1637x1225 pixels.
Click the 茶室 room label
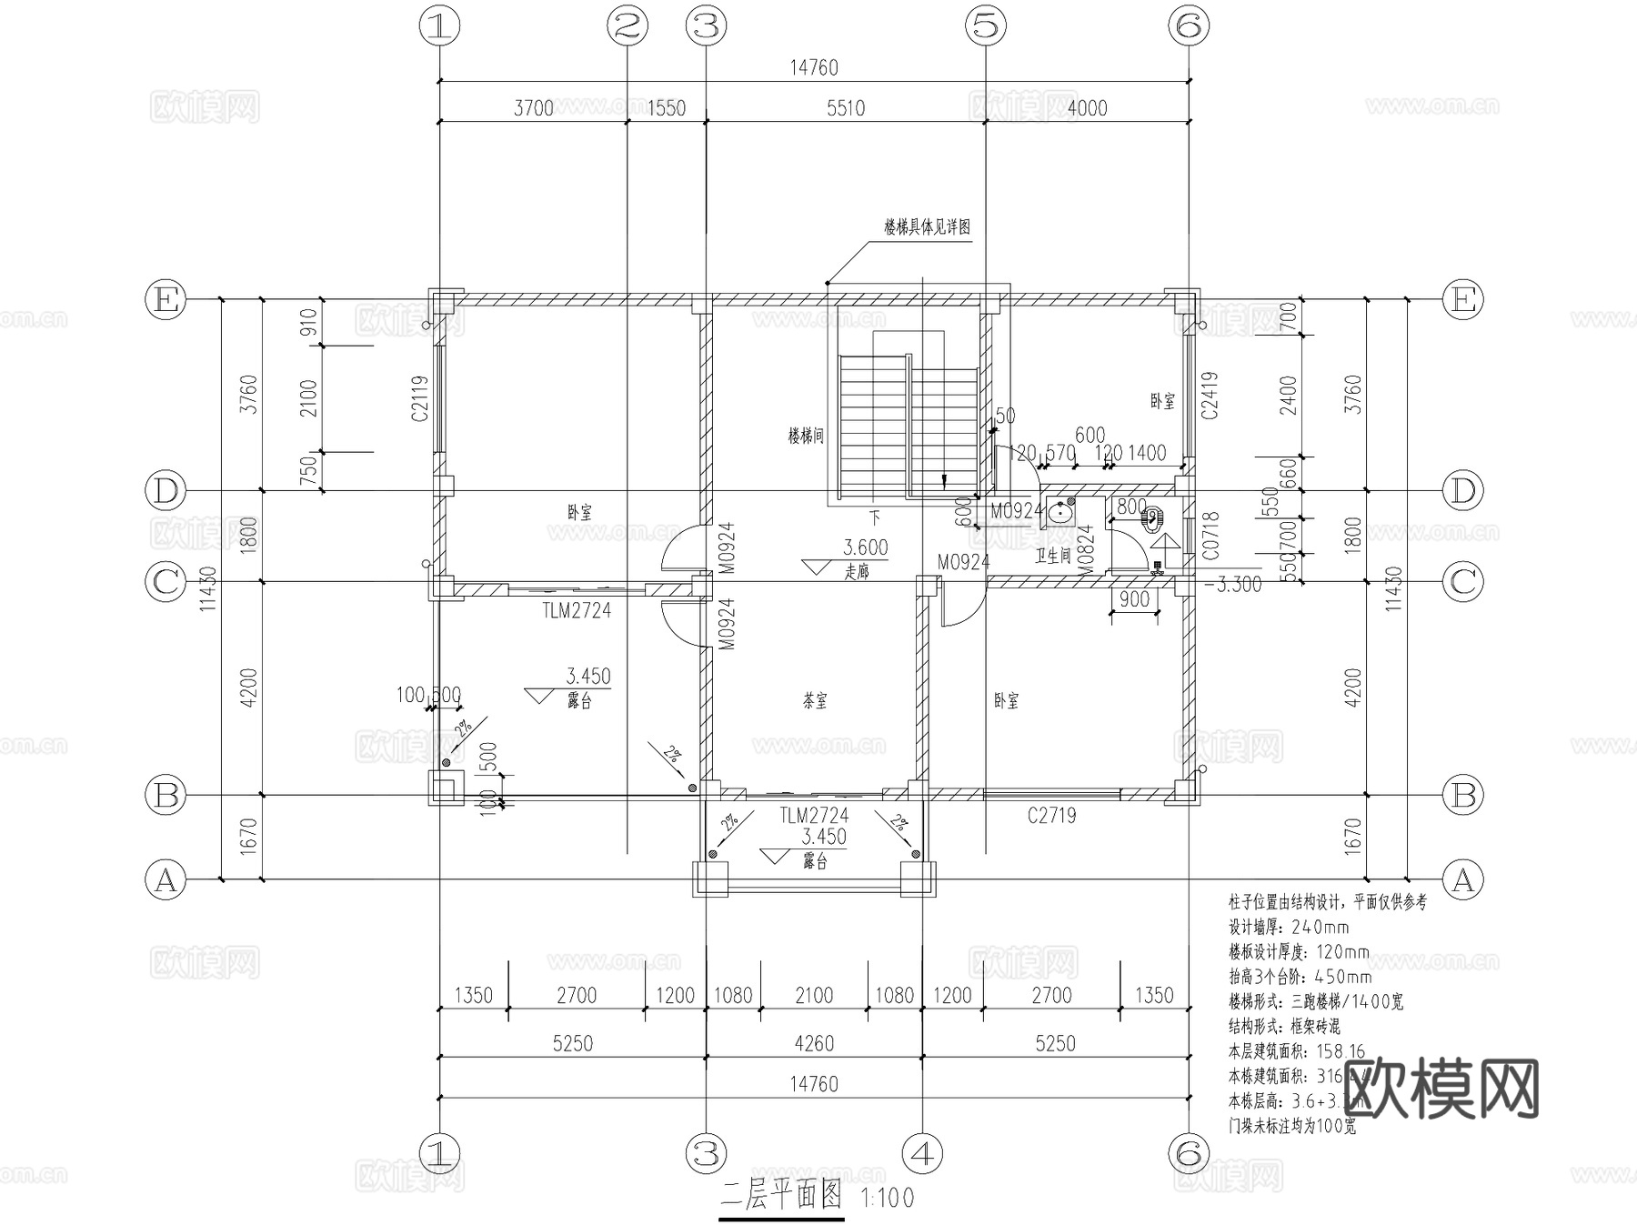pos(815,701)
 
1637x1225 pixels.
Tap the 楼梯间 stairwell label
pos(806,436)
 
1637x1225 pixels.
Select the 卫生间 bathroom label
pos(1052,554)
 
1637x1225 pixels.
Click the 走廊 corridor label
pos(857,572)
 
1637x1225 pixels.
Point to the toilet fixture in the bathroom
pos(1151,520)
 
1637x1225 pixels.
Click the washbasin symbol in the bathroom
pos(1060,513)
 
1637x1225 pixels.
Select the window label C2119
pos(419,398)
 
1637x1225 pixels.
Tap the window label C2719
pos(1052,816)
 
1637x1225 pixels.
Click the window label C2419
pos(1209,395)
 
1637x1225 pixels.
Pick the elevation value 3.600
pos(865,547)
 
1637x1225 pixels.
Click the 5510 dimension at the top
pos(845,108)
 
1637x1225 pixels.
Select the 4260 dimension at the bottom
pos(814,1043)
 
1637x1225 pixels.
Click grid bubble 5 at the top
pos(987,25)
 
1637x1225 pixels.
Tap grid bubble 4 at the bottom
pos(922,1154)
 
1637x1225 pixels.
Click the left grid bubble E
pos(166,299)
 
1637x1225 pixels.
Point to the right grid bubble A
pos(1463,879)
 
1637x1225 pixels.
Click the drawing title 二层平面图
pos(782,1196)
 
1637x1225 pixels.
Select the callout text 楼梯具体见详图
pos(927,226)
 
